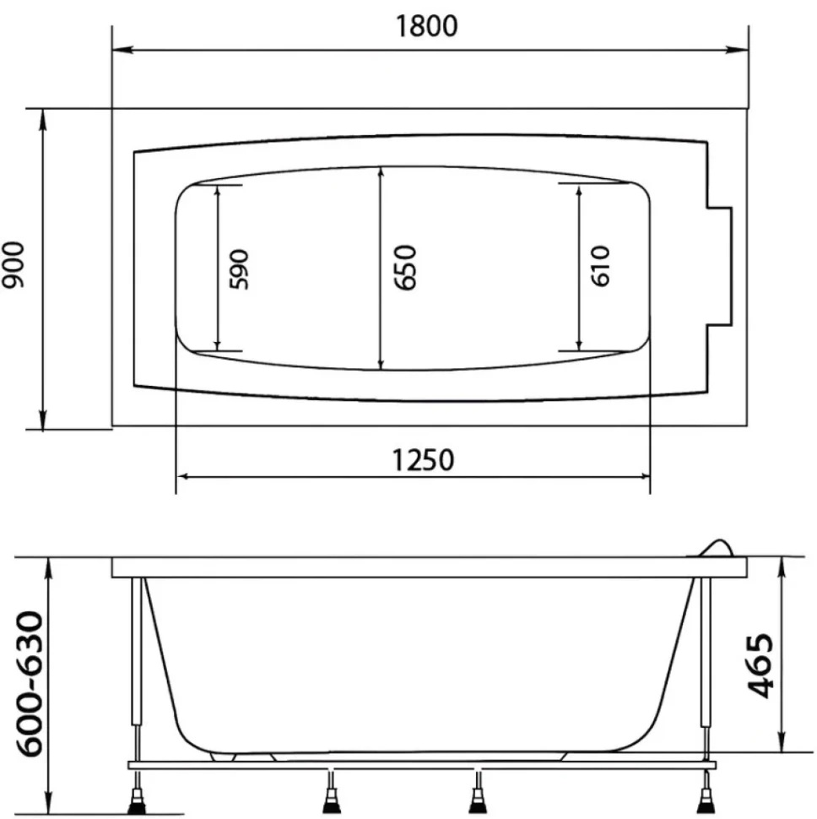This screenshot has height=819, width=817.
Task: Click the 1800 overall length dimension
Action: [x=426, y=25]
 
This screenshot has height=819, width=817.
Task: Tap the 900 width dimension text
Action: [x=13, y=265]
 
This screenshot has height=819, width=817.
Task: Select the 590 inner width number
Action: [x=239, y=269]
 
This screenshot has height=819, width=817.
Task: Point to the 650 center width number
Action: [x=405, y=268]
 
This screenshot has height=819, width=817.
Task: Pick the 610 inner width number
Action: [x=600, y=266]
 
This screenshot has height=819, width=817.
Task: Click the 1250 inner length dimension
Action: [x=423, y=460]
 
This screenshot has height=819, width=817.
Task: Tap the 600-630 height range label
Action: [x=30, y=684]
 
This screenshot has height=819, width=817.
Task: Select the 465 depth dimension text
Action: [x=760, y=666]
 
